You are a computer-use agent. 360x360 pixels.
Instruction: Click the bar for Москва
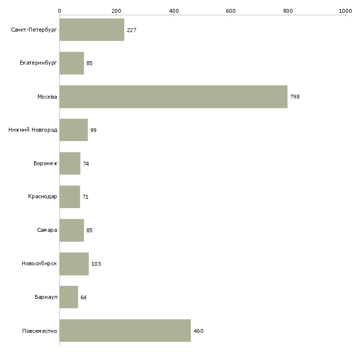point(173,97)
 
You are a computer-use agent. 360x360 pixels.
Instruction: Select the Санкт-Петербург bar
point(92,30)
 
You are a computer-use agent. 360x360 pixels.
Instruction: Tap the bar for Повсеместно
point(125,330)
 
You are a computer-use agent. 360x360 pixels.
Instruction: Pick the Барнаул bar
point(69,297)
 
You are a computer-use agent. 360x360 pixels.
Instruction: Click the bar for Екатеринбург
point(72,63)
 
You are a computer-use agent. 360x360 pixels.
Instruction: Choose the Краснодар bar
point(70,197)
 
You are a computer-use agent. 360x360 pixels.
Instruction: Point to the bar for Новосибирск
point(74,264)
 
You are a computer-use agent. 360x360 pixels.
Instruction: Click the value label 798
point(295,97)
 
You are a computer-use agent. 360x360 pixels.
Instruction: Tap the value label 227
point(132,30)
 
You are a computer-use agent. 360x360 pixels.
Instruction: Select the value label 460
point(198,331)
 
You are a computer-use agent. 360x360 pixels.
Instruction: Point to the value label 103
point(96,264)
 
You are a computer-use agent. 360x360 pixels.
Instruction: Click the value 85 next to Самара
point(89,230)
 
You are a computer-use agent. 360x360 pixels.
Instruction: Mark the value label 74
point(86,164)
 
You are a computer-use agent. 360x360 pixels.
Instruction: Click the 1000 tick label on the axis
point(345,11)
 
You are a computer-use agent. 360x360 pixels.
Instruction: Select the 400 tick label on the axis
point(174,11)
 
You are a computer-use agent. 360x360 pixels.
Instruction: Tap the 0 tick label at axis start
point(60,11)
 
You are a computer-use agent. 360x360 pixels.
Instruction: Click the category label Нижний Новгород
point(33,130)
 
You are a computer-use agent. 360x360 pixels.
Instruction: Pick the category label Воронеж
point(45,163)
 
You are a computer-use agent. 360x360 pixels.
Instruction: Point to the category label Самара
point(47,230)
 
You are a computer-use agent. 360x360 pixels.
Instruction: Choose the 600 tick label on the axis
point(231,11)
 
